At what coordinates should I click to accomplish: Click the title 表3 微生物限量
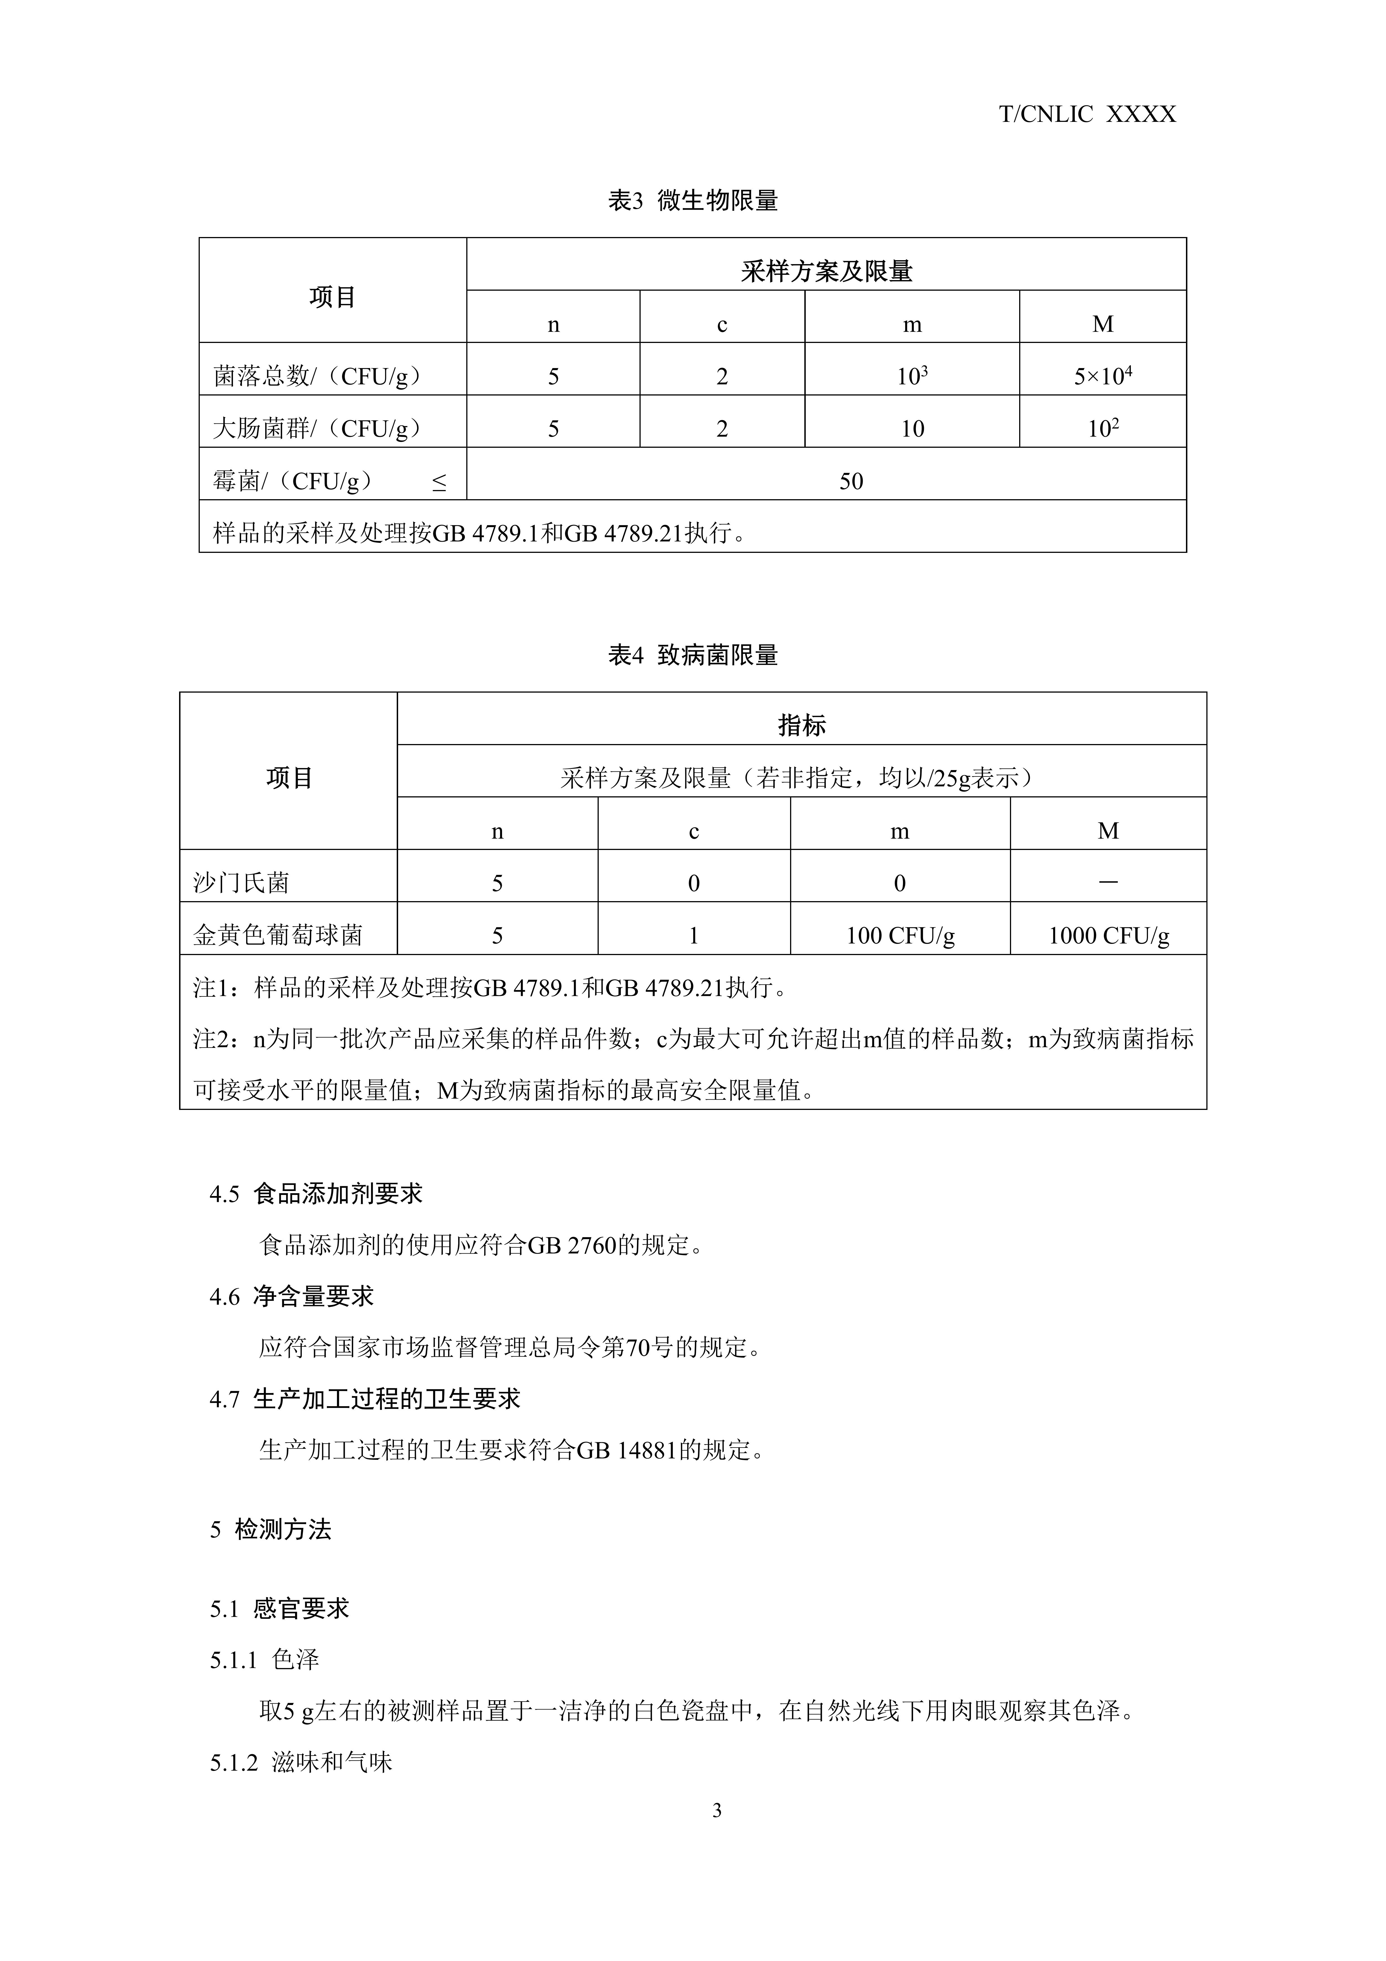[x=693, y=201]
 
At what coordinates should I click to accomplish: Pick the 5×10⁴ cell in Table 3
[x=1102, y=376]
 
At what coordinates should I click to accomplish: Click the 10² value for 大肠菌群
[x=1102, y=428]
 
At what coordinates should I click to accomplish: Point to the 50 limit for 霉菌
[x=850, y=481]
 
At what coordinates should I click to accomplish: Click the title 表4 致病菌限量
[x=693, y=656]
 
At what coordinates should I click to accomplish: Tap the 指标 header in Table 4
[x=801, y=725]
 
